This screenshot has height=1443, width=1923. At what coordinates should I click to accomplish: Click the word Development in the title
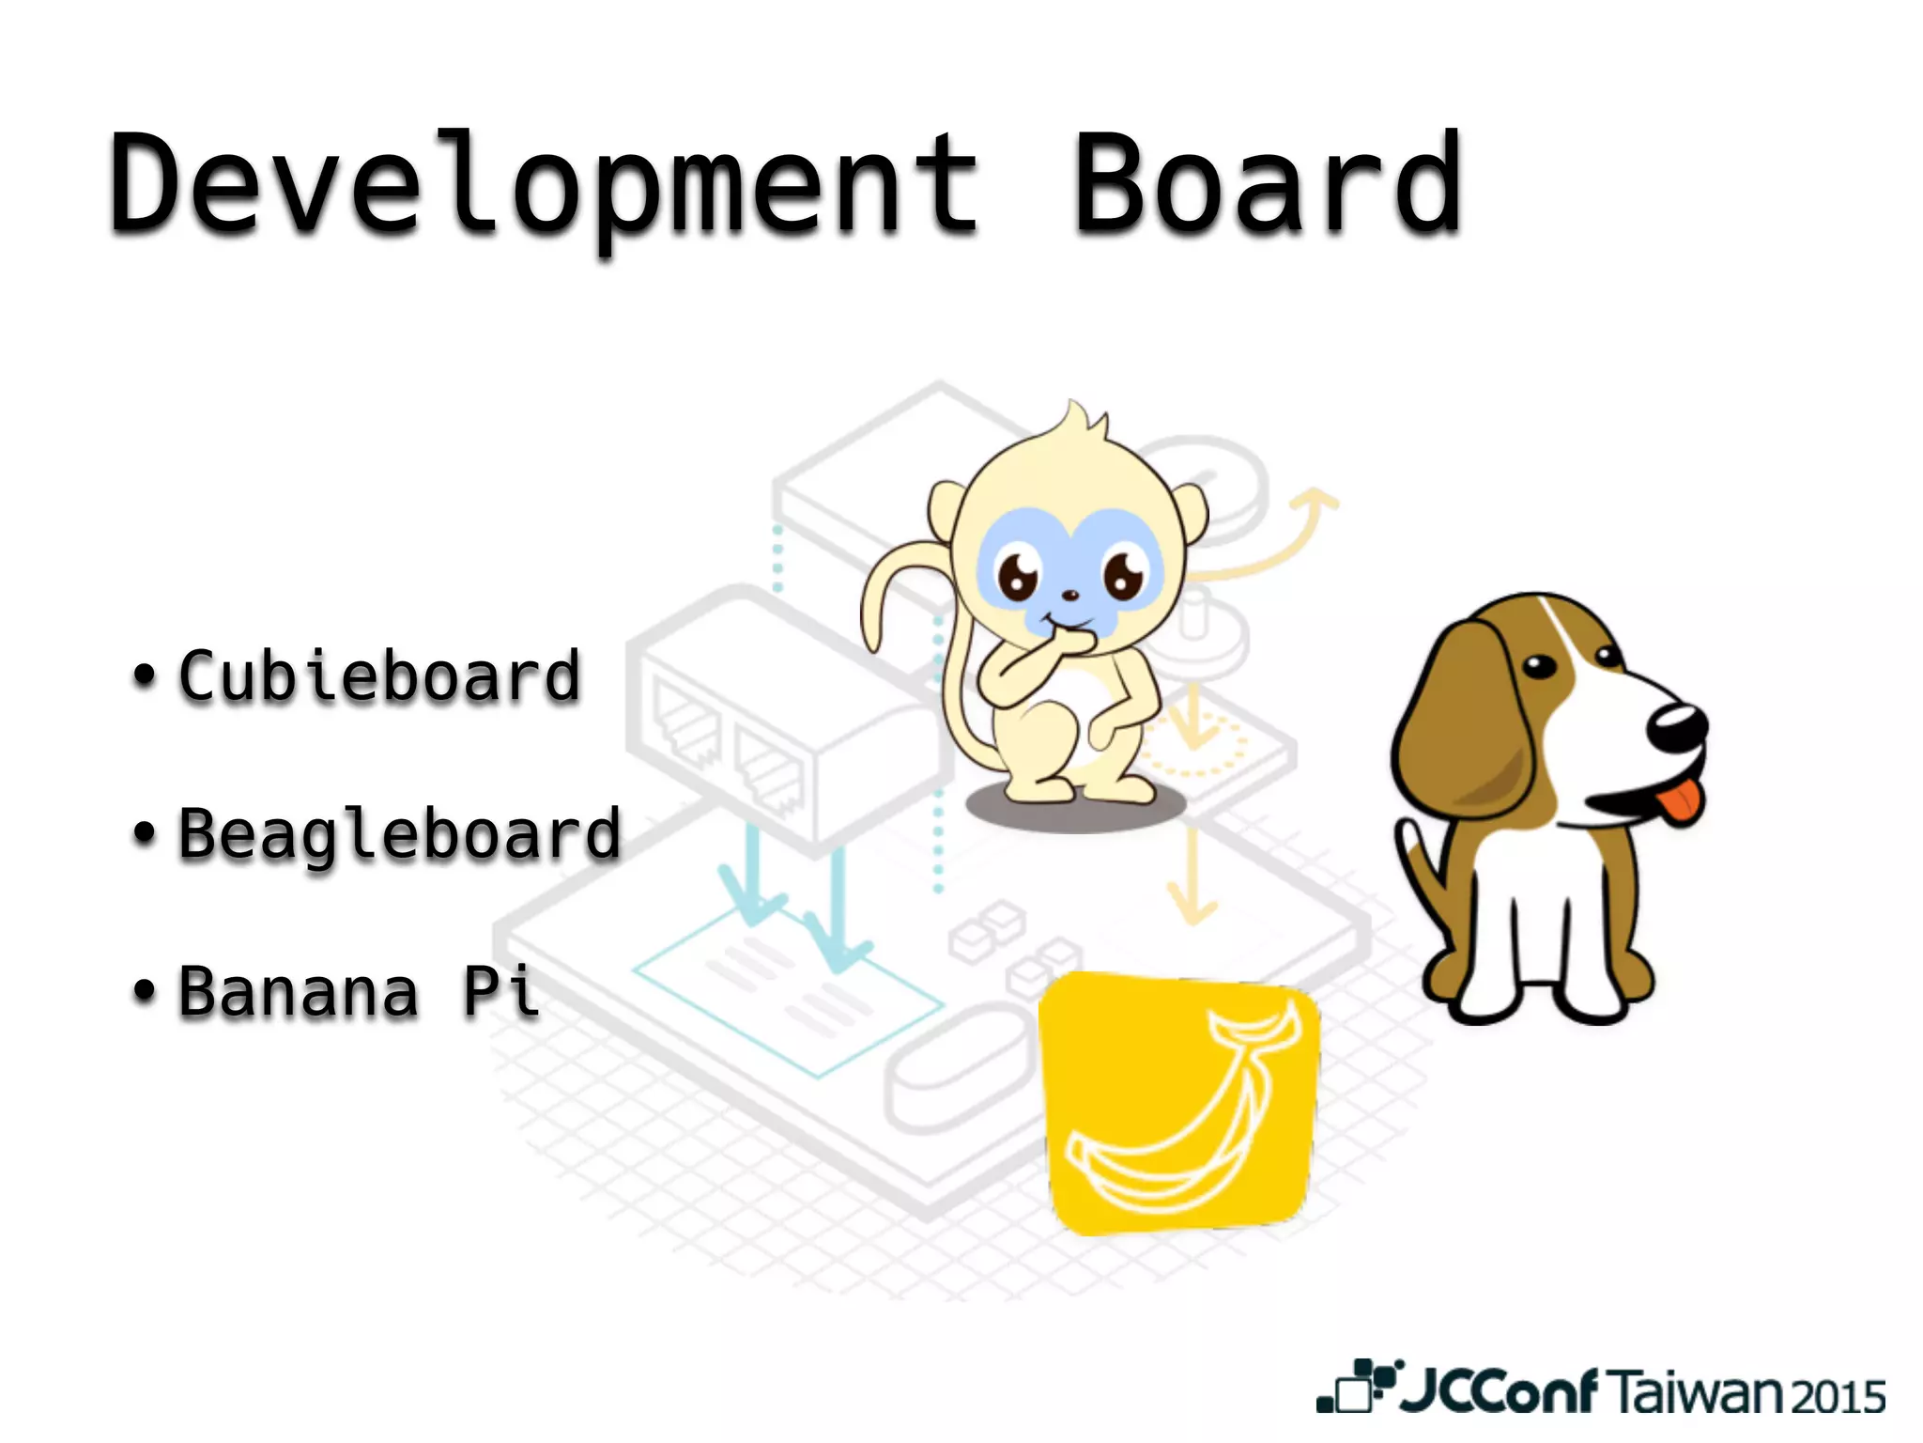pos(545,183)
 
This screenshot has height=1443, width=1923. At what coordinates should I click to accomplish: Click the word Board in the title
pos(1268,183)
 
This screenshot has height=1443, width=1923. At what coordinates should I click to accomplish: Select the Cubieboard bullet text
pos(380,676)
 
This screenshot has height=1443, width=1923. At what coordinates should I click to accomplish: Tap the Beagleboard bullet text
pos(400,834)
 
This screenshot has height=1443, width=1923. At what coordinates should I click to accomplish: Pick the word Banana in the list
pos(299,992)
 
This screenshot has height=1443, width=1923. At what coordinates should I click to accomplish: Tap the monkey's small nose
pos(1069,595)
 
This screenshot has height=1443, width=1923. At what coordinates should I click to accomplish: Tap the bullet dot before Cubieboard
pos(143,675)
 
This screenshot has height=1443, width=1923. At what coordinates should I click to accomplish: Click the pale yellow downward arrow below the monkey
pos(1192,878)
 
